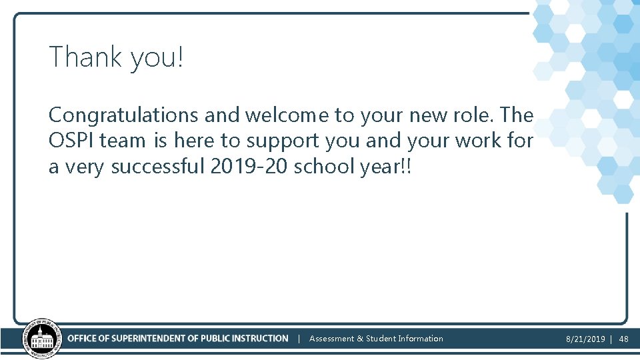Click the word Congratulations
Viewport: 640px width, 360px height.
click(124, 116)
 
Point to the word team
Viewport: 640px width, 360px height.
click(124, 141)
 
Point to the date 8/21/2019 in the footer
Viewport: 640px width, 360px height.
click(585, 339)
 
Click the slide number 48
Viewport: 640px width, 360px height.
click(623, 339)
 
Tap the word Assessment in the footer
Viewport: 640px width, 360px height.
click(332, 339)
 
